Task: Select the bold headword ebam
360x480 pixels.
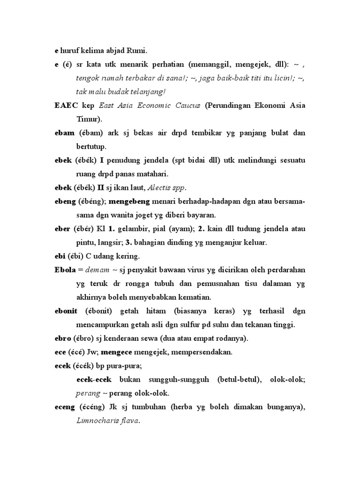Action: tap(65, 133)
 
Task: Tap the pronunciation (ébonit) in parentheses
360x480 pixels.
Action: tap(100, 311)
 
